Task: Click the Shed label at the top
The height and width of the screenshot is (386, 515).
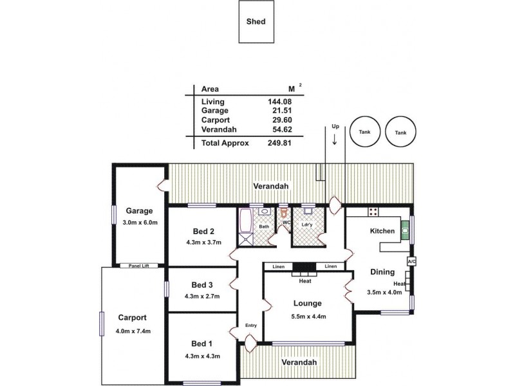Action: (256, 21)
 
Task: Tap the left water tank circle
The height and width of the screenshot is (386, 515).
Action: (365, 133)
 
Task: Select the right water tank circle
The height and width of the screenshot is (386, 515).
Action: (400, 133)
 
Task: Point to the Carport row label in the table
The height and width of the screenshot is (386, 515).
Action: (215, 120)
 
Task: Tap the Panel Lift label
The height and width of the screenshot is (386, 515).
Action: (138, 265)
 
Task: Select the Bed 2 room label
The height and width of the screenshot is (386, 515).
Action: (203, 232)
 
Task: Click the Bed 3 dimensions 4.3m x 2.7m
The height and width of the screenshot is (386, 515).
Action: (203, 297)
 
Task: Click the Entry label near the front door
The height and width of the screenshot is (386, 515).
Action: (251, 326)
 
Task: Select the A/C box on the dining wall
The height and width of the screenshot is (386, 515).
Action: (411, 262)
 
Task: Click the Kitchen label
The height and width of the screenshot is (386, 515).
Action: (382, 231)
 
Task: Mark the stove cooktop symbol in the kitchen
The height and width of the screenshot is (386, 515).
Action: (373, 212)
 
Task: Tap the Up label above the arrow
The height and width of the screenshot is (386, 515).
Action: (335, 127)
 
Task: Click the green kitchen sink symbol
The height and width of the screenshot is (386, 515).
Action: (405, 228)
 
